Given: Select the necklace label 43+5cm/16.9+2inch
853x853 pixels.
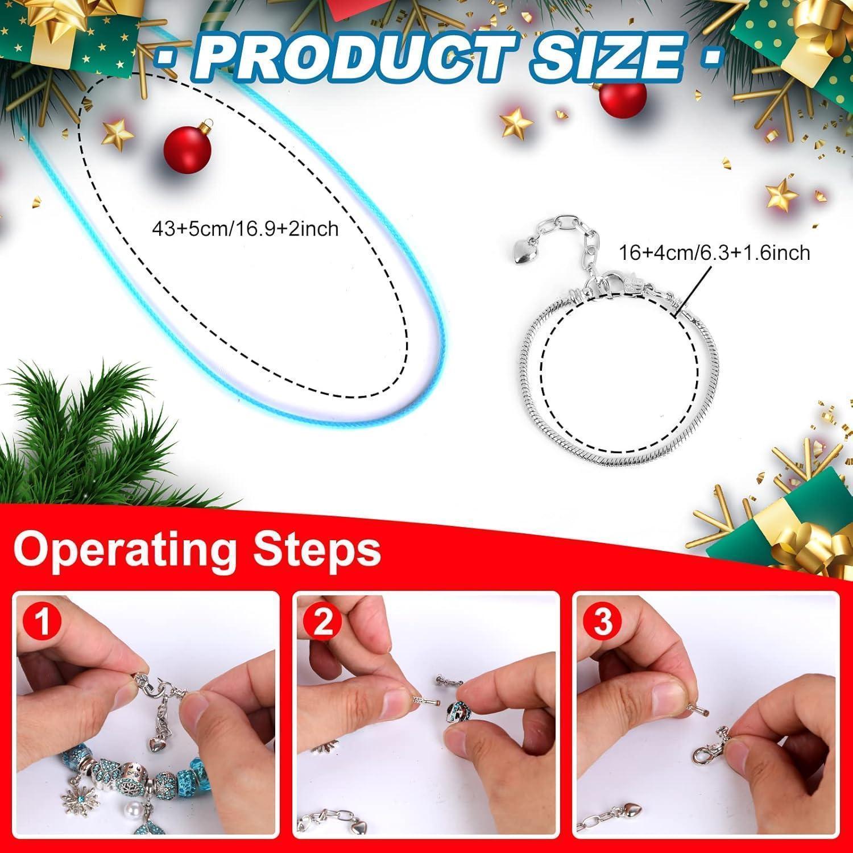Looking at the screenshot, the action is point(245,229).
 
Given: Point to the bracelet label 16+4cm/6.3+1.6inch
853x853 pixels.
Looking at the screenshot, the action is point(714,252).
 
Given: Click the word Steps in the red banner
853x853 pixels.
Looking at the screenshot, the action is point(317,550).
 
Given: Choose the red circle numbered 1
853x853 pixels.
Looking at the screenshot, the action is point(43,622).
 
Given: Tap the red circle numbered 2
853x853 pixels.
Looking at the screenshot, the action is point(323,622).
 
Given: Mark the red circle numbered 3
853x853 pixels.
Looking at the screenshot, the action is point(603,622).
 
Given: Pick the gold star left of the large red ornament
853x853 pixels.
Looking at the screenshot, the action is point(119,132).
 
